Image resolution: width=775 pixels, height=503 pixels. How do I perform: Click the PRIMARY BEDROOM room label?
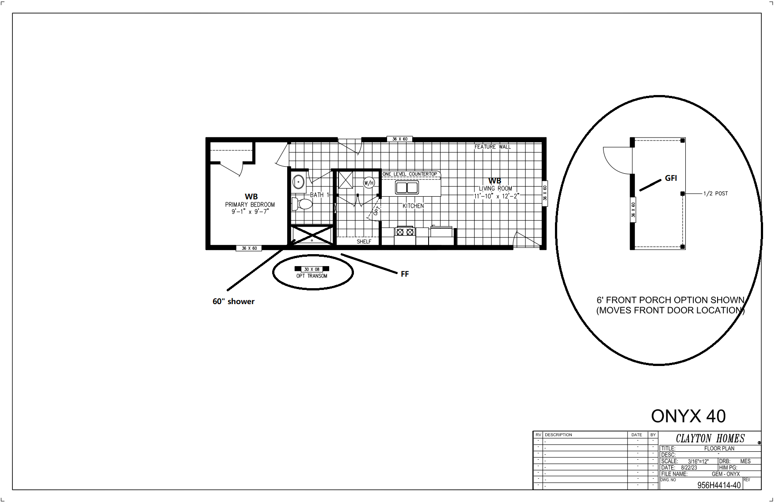coord(250,205)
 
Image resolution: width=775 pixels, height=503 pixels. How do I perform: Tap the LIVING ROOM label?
coord(495,188)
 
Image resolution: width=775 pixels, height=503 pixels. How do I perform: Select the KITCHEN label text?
coord(413,206)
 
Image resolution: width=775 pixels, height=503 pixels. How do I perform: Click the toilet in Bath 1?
coord(302,204)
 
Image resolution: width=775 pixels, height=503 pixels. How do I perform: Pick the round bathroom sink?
coord(299,182)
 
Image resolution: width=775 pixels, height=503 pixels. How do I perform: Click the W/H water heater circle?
coord(369,183)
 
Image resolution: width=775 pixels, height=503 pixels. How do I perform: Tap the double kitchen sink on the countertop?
coord(407,188)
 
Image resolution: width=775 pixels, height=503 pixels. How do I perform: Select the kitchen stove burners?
coord(405,231)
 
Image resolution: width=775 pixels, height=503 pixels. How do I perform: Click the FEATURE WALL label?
coord(493,147)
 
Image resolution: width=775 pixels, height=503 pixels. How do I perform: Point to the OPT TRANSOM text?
coord(312,276)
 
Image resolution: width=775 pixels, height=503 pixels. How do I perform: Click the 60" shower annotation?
coord(234,301)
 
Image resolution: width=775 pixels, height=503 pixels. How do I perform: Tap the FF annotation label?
coord(405,274)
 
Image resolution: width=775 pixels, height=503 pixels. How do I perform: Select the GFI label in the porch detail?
coord(671,178)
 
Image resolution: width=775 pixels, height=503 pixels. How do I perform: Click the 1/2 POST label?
coord(716,194)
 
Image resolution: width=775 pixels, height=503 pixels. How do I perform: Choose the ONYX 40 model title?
coord(688,416)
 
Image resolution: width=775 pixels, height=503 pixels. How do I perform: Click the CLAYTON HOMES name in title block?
coord(710,438)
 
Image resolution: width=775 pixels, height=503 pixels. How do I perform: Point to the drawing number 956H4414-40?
coord(719,485)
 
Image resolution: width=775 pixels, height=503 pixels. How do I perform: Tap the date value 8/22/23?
coord(689,468)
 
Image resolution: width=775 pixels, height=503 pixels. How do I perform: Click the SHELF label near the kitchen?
coord(364,242)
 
